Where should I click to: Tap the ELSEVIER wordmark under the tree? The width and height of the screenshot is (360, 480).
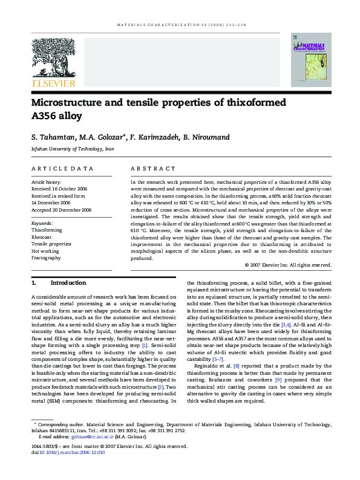(x=53, y=83)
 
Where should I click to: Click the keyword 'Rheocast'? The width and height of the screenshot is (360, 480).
(x=42, y=237)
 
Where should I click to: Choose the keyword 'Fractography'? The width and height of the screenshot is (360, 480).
(x=46, y=258)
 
